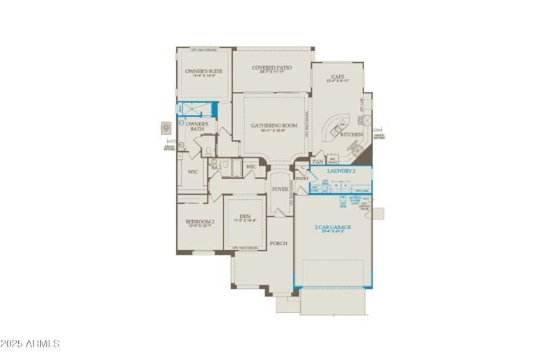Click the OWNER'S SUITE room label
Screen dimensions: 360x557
click(x=203, y=72)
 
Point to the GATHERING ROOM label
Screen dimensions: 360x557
click(x=274, y=126)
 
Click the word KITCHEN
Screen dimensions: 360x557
click(x=352, y=134)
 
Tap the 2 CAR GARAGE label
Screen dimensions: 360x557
click(x=333, y=227)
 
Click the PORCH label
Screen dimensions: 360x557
click(x=278, y=243)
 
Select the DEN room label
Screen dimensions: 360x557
click(x=245, y=217)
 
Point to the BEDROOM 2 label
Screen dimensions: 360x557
click(x=200, y=222)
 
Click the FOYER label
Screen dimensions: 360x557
click(x=280, y=189)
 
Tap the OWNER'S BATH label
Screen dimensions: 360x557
click(x=197, y=127)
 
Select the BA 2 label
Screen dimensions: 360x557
click(x=216, y=168)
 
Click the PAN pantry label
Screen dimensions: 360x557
click(x=317, y=162)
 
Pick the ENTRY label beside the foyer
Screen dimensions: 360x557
click(x=301, y=179)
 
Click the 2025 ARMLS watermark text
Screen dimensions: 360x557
click(x=31, y=343)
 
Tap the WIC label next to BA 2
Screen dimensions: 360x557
click(x=251, y=167)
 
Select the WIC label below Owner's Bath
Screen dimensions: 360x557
click(x=193, y=171)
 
